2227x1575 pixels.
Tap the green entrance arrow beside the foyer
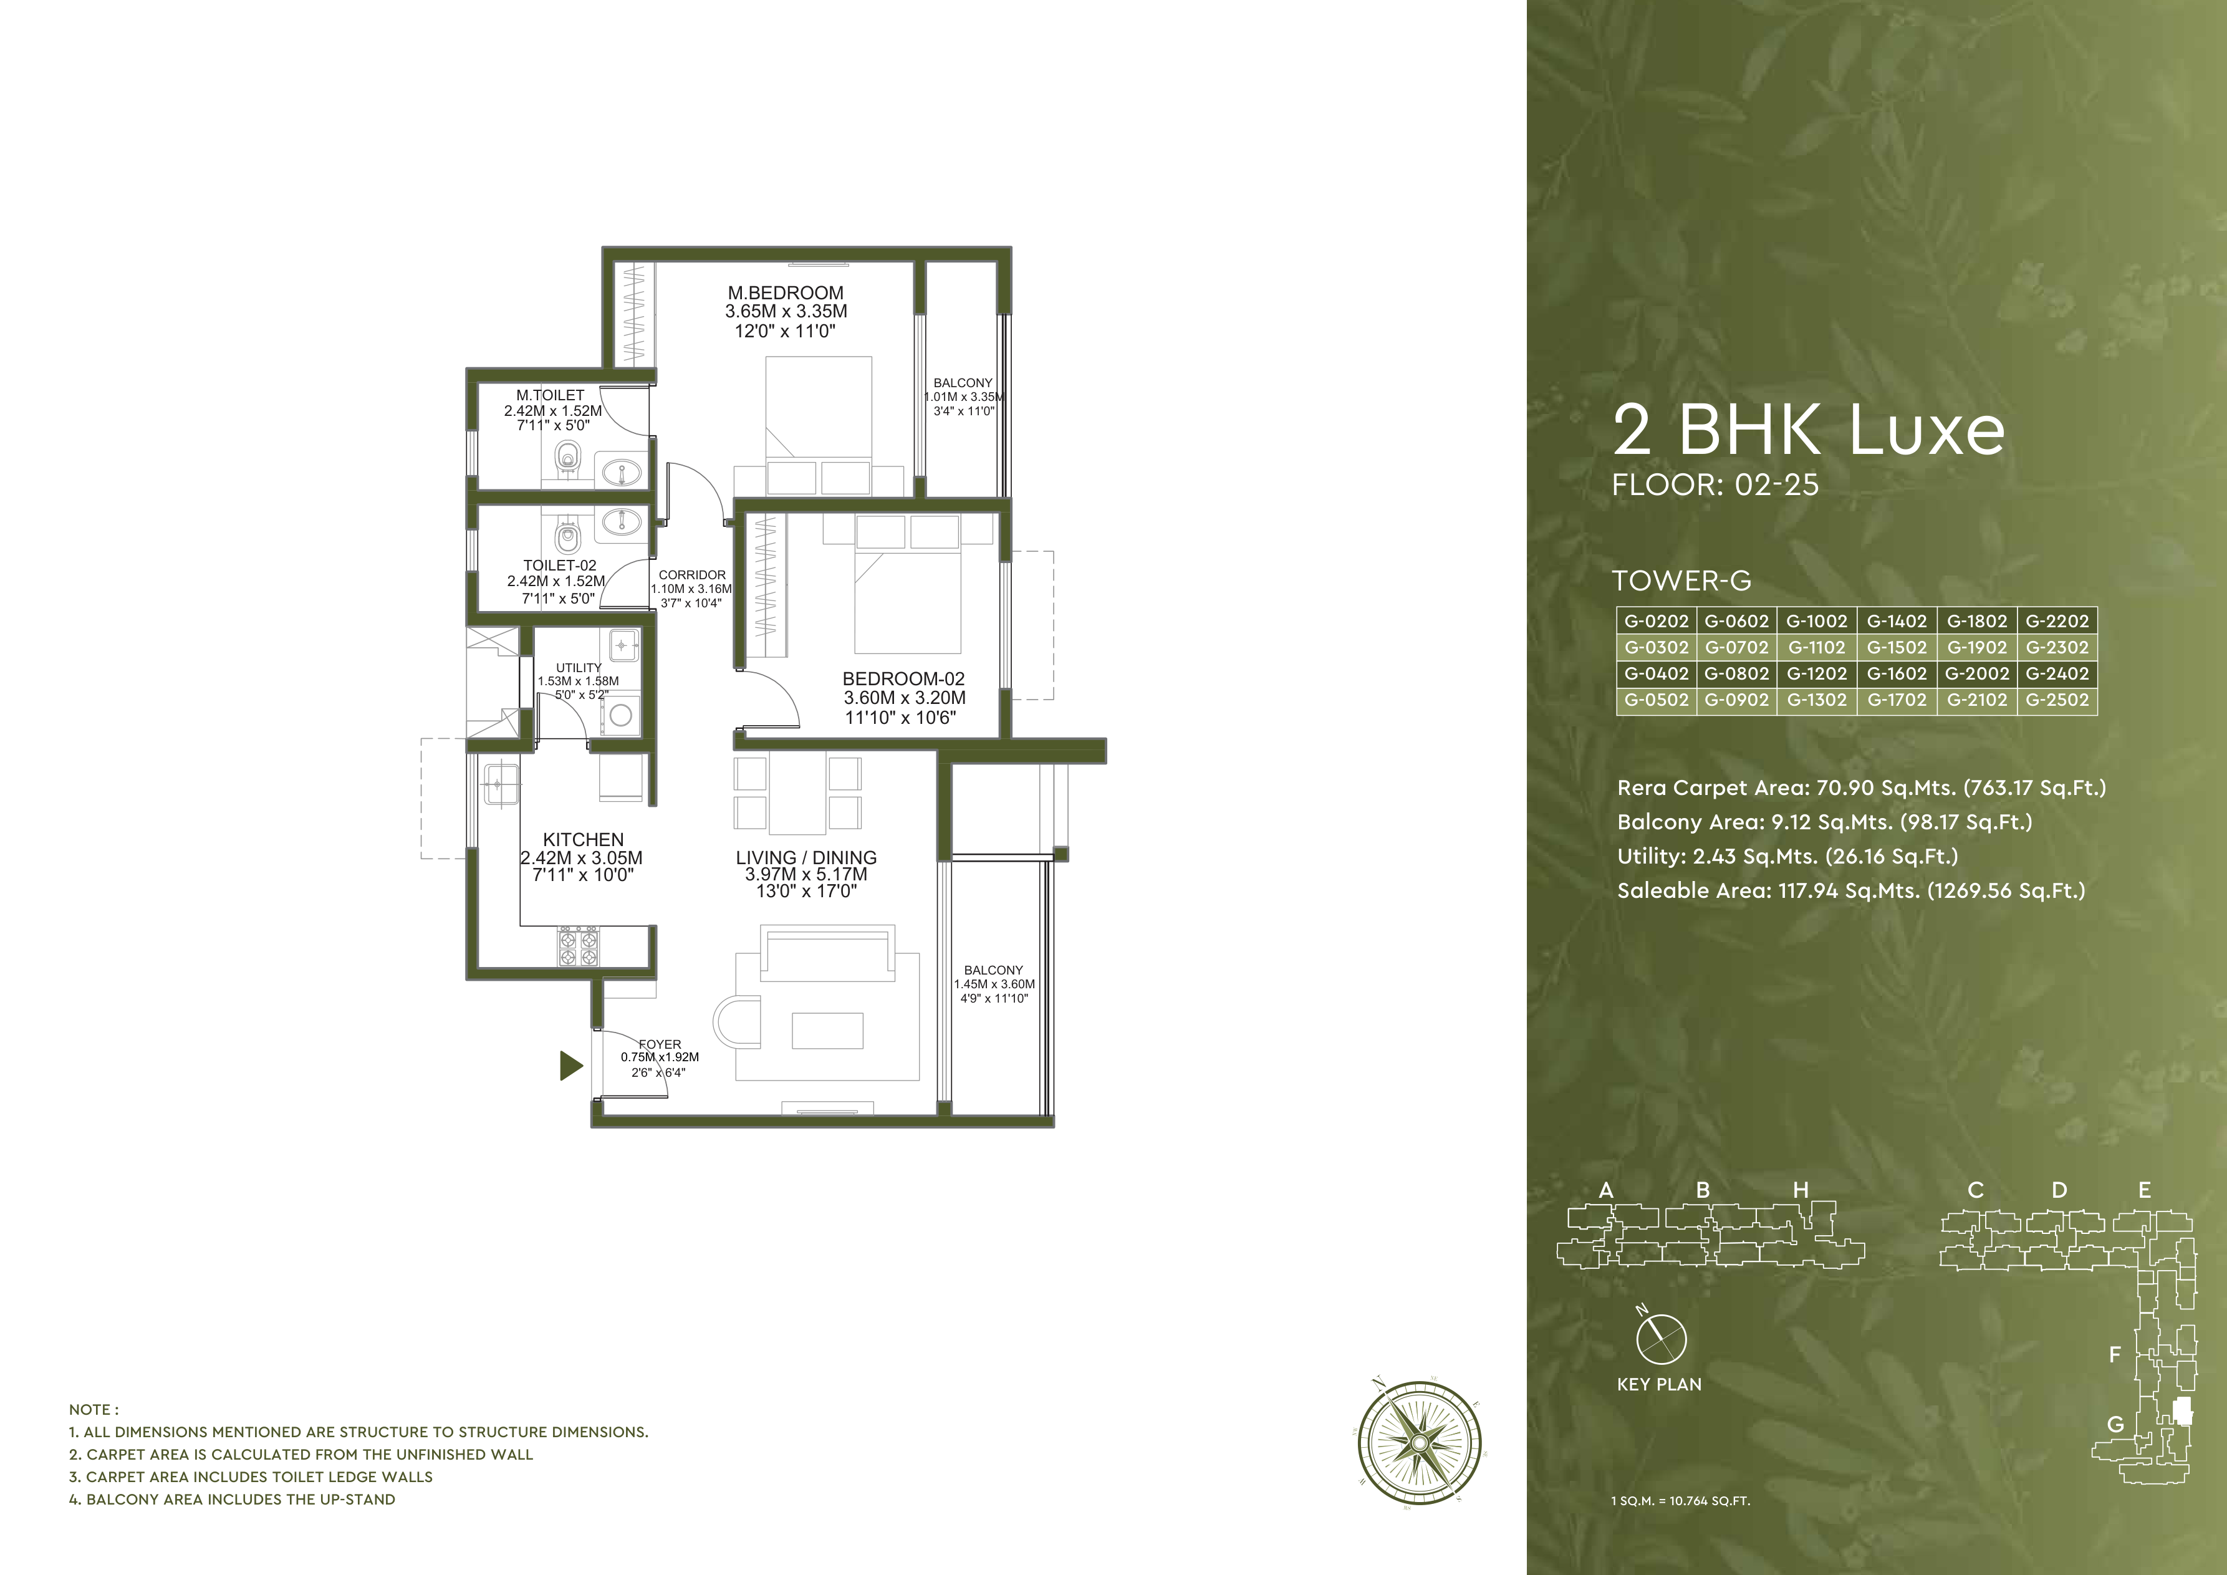point(571,1066)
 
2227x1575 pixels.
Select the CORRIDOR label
point(691,575)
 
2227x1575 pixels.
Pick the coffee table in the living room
point(827,1031)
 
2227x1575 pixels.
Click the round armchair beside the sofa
point(736,1021)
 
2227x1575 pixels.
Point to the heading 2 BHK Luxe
point(1808,431)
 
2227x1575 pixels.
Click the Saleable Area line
point(1850,891)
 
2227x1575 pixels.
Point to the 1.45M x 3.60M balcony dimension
point(994,983)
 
